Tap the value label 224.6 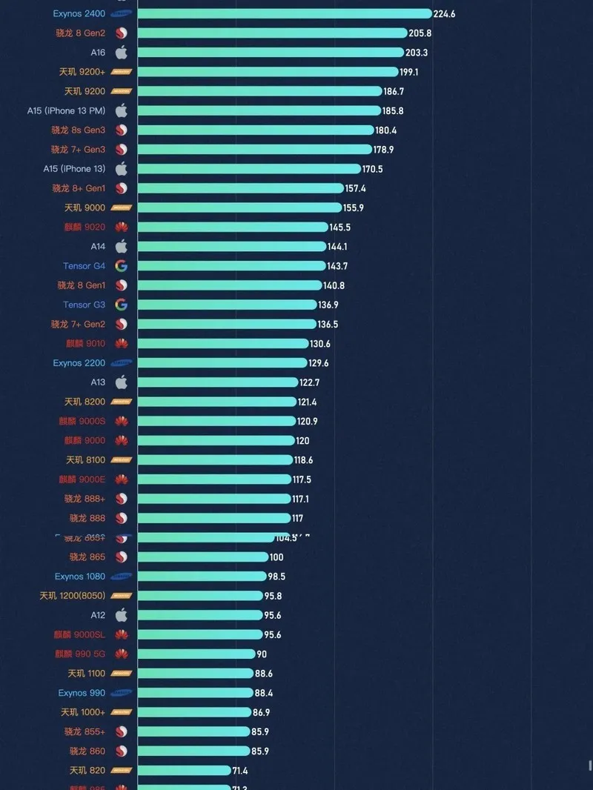pos(444,13)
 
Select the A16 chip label pos(98,53)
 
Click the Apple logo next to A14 pos(121,246)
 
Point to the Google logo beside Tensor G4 pos(121,265)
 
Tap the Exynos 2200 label pos(79,363)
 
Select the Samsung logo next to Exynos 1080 pos(121,577)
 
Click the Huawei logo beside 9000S pos(121,421)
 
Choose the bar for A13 pos(217,382)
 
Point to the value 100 pos(276,557)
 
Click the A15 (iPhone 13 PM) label pos(66,110)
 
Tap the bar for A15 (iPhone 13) pos(248,169)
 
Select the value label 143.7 pos(337,266)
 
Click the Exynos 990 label pos(82,693)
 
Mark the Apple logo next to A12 pos(121,615)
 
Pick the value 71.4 pos(240,771)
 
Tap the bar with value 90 pos(196,654)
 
